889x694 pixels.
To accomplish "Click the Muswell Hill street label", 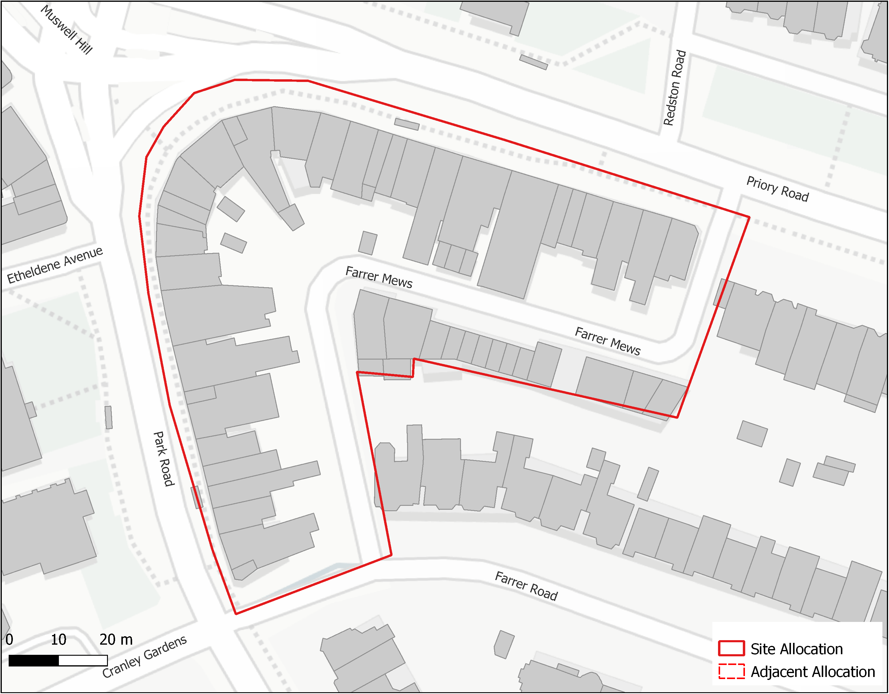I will [67, 30].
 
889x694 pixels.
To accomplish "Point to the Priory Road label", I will [778, 189].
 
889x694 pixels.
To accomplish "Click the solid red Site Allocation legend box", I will [731, 649].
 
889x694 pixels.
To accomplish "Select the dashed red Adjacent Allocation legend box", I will [731, 671].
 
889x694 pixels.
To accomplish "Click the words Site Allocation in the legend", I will [797, 649].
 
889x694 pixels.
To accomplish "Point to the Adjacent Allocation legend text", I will [813, 672].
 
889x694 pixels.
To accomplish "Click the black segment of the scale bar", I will [34, 660].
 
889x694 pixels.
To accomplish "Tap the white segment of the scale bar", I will [83, 660].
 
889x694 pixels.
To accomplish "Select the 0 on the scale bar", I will [9, 640].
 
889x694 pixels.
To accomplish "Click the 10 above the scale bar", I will [58, 640].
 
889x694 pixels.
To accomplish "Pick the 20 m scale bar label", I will [116, 640].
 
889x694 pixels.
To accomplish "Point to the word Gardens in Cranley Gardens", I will [165, 647].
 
